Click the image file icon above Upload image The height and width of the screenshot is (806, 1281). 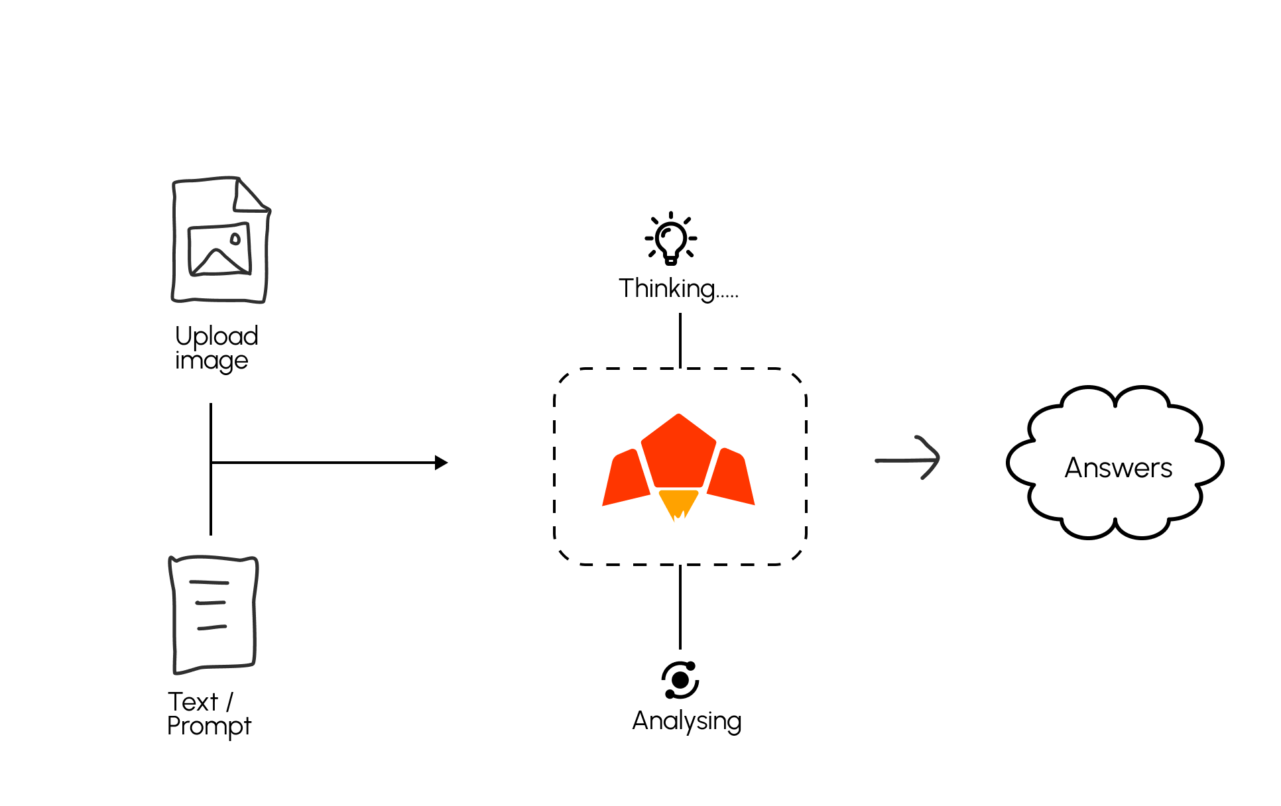pyautogui.click(x=220, y=240)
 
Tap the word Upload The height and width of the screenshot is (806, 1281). pyautogui.click(x=216, y=336)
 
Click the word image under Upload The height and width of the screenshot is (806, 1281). pyautogui.click(x=212, y=361)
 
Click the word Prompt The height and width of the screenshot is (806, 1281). pyautogui.click(x=209, y=726)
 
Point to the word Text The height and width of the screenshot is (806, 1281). pyautogui.click(x=192, y=701)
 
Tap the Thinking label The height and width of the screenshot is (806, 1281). pyautogui.click(x=678, y=288)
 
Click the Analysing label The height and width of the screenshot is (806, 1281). pyautogui.click(x=686, y=720)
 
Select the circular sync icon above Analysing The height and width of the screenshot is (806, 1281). pyautogui.click(x=680, y=680)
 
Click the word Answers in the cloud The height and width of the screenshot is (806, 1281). pyautogui.click(x=1118, y=468)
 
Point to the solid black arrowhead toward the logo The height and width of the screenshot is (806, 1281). pyautogui.click(x=441, y=463)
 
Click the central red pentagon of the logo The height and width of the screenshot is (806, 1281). pyautogui.click(x=678, y=453)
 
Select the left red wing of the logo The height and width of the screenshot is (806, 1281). pyautogui.click(x=626, y=479)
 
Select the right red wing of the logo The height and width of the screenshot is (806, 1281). pyautogui.click(x=731, y=479)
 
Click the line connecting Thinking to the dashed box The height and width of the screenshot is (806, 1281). pyautogui.click(x=680, y=340)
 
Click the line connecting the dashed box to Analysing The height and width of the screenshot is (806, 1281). pyautogui.click(x=680, y=606)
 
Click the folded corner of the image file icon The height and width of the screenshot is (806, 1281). pyautogui.click(x=250, y=195)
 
